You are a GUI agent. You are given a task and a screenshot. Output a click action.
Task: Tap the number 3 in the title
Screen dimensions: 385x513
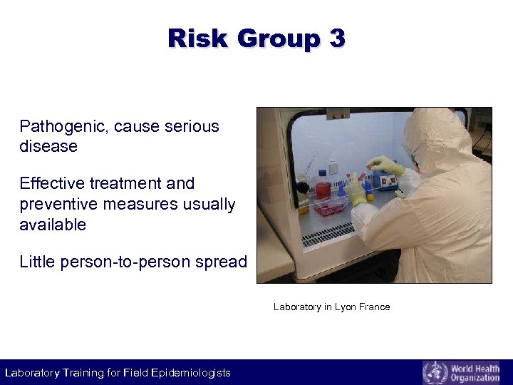(x=336, y=38)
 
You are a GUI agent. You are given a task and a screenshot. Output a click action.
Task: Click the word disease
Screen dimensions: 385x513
(x=48, y=147)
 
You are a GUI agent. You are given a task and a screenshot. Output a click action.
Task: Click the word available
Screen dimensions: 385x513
(x=53, y=225)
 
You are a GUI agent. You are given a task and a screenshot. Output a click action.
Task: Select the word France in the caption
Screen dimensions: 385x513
(x=375, y=307)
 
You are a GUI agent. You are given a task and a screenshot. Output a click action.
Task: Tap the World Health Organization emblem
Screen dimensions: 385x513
(x=435, y=372)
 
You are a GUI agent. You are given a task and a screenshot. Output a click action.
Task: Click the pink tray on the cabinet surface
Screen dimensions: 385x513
(x=329, y=207)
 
